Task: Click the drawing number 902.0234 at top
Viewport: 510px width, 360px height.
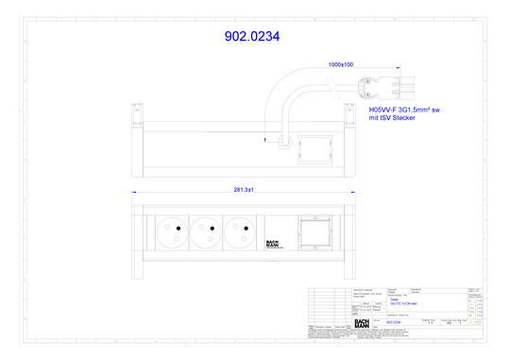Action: pos(251,37)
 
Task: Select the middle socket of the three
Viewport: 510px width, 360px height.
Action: pos(204,227)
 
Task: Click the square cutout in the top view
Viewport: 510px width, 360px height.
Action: pos(309,146)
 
